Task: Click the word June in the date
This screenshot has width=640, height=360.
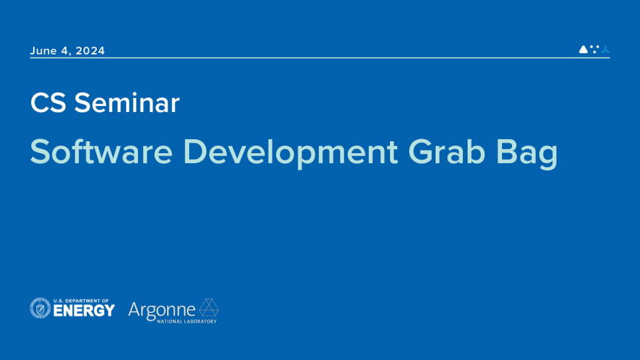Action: coord(43,50)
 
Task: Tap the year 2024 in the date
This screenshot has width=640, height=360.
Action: coord(90,50)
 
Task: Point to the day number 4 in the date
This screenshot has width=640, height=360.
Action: coord(65,50)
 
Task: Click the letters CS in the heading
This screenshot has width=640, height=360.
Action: coord(48,103)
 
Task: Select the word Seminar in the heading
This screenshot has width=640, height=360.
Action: coord(127,103)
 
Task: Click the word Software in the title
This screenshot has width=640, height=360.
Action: coord(101,152)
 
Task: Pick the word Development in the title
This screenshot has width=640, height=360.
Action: coord(290,153)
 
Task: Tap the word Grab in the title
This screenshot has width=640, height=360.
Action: coord(446,152)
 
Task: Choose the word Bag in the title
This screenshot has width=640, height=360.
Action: coord(527,153)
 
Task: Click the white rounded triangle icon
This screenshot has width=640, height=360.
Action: coord(583,49)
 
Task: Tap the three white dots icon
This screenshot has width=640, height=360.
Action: coord(595,49)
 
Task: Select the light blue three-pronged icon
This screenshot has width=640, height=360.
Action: coord(606,50)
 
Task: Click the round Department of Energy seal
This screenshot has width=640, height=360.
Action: coord(40,308)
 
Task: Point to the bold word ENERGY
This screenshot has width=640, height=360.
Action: coord(84,311)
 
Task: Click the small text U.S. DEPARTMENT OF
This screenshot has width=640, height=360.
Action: coord(81,301)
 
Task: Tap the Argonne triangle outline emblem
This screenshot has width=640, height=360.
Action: coord(209,308)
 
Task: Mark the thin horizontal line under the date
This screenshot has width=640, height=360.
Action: coord(320,58)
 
